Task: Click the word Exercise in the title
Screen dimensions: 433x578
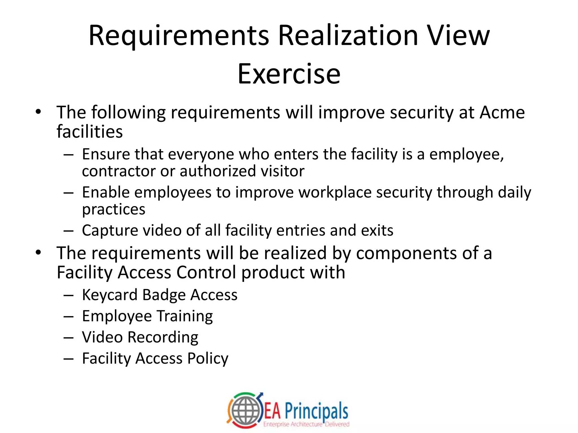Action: tap(289, 74)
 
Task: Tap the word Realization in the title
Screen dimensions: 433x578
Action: tap(348, 36)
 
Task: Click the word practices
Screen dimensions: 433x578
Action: tap(113, 209)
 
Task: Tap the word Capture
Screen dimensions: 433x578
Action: tap(110, 231)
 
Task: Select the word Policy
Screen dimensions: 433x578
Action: tap(208, 359)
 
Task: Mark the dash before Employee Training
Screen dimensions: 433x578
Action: tap(69, 317)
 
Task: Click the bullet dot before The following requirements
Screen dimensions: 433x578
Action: tap(38, 112)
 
